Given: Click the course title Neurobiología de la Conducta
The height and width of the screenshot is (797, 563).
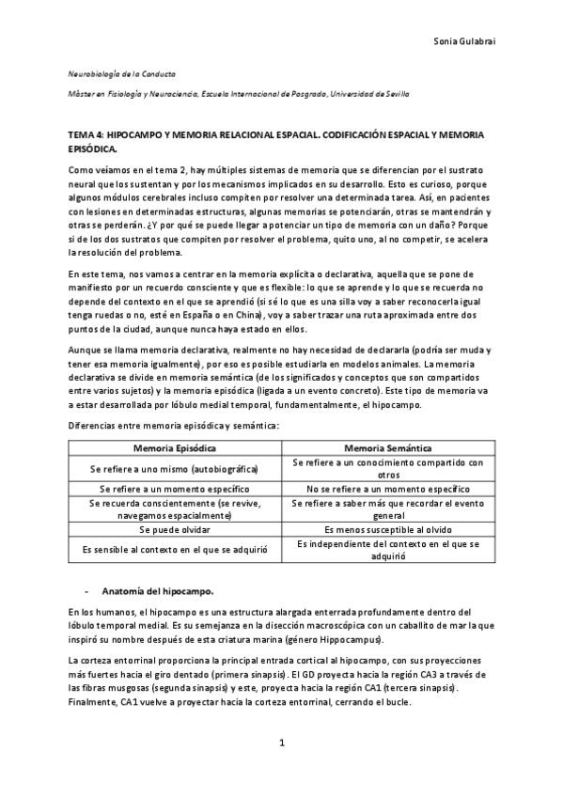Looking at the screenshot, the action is point(121,73).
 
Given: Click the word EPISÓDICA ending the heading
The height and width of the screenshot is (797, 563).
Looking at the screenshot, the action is point(94,148).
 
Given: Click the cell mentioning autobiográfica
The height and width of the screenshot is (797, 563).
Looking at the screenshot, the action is point(175,468).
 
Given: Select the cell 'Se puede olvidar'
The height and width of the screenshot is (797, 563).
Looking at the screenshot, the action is point(175,530).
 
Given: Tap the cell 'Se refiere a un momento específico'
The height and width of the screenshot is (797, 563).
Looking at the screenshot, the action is point(175,489).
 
